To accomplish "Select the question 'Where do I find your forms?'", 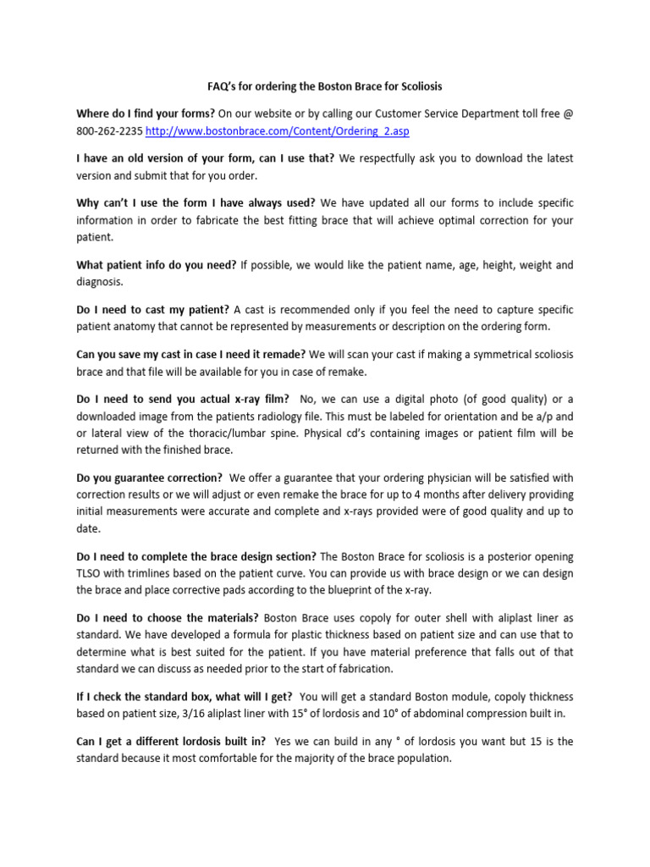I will [146, 113].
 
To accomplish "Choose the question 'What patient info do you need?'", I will [157, 265].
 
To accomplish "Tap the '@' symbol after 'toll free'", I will [568, 113].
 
